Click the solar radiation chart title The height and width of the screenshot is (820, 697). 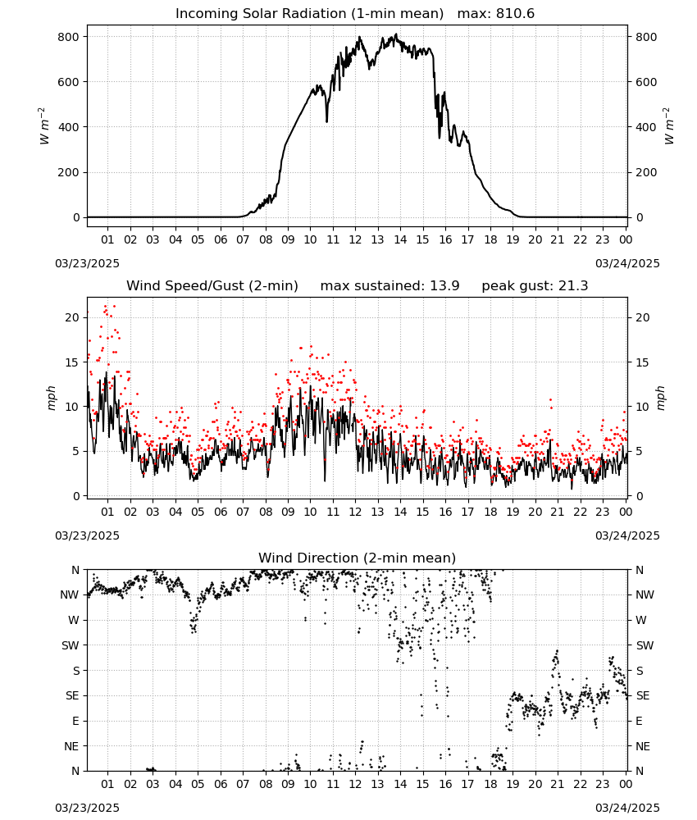(x=355, y=14)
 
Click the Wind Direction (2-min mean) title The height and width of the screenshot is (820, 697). (x=358, y=558)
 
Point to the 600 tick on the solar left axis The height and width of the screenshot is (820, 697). (x=69, y=82)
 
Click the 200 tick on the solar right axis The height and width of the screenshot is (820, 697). (x=646, y=172)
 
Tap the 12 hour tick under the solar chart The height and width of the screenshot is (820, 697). (x=355, y=240)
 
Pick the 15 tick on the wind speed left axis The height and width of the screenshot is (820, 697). (x=73, y=362)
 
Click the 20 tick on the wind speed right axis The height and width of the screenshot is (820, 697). (x=643, y=318)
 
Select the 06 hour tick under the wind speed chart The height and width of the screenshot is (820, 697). (x=220, y=512)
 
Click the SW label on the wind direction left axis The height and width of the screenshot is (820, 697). (x=71, y=646)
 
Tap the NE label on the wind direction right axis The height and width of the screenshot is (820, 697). (x=643, y=747)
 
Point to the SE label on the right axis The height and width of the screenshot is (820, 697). (x=643, y=696)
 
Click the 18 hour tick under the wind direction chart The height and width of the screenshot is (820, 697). (x=490, y=785)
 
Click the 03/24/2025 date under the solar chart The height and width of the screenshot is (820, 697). (x=627, y=263)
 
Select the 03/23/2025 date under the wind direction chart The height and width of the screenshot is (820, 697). (x=87, y=808)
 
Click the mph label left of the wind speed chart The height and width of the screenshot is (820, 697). (x=51, y=398)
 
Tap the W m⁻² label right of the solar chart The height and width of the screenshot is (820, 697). (x=669, y=126)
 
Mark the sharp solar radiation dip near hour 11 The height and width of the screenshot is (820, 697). (x=327, y=121)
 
